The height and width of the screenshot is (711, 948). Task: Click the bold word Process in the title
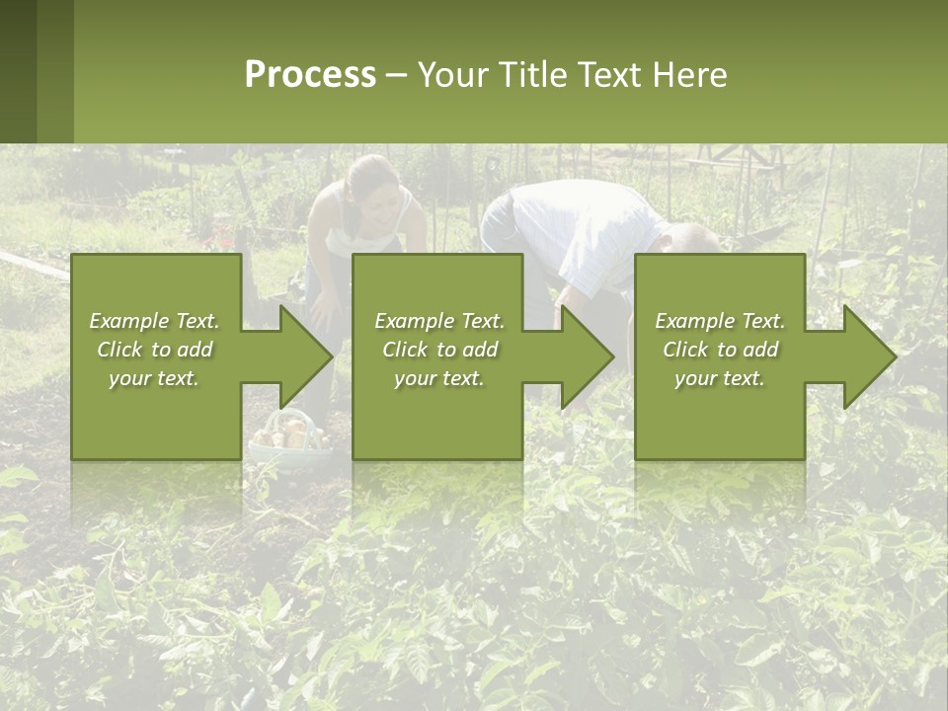coord(310,75)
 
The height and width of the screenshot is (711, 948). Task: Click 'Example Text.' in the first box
coord(154,321)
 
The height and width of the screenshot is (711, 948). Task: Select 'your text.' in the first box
coord(154,378)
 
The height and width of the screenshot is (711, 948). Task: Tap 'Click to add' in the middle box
coord(439,350)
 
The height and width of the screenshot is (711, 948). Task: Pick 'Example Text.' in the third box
coord(720,321)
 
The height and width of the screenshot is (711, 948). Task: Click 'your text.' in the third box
coord(720,378)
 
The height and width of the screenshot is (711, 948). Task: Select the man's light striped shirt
coord(583,223)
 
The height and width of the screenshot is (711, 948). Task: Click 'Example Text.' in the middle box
coord(439,321)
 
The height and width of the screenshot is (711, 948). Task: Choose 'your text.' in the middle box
coord(439,378)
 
